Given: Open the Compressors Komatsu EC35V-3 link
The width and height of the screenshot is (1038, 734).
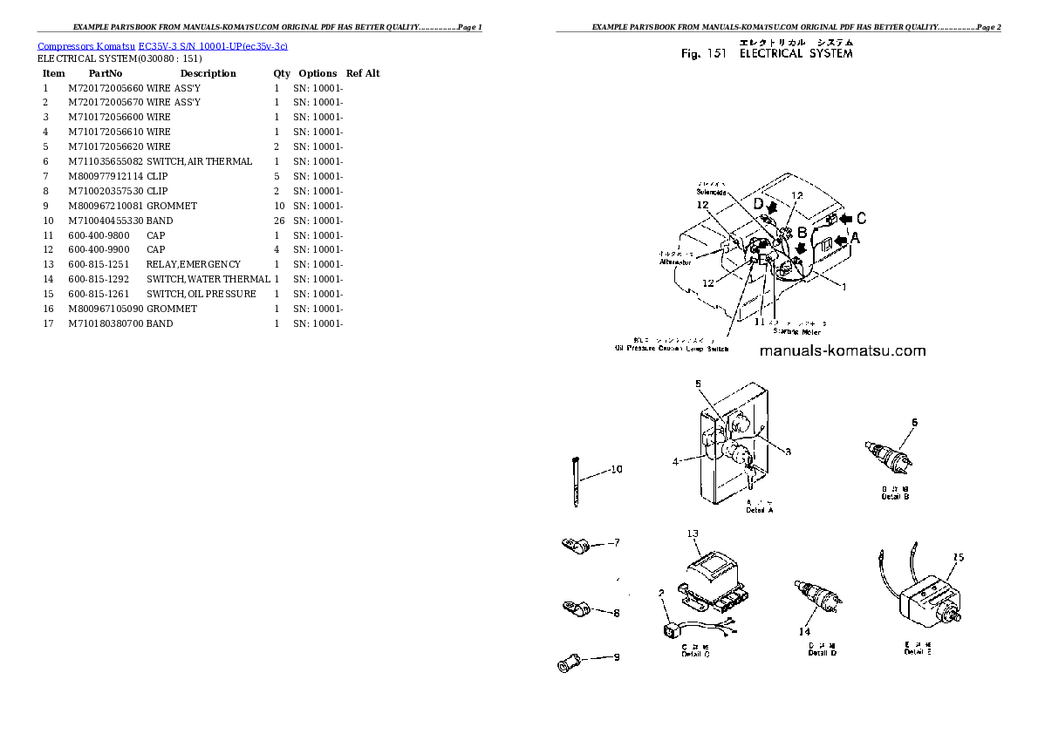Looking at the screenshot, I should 163,45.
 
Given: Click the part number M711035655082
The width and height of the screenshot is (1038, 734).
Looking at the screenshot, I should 106,161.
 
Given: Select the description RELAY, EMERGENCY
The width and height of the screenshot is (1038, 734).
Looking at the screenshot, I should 194,264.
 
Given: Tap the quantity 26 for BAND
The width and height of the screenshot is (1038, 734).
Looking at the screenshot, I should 279,221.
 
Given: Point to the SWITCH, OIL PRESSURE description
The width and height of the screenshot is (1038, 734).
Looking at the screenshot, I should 201,294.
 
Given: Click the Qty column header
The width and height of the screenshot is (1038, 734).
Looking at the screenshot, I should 282,73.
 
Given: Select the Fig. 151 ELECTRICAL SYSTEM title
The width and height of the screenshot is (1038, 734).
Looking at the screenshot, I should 767,53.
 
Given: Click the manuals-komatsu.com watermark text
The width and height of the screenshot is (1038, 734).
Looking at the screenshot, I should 842,351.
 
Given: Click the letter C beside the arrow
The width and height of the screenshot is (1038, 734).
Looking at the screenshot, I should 860,217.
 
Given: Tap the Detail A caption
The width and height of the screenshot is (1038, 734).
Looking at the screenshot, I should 760,510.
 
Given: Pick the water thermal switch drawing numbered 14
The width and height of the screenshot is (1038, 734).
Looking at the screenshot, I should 816,595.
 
